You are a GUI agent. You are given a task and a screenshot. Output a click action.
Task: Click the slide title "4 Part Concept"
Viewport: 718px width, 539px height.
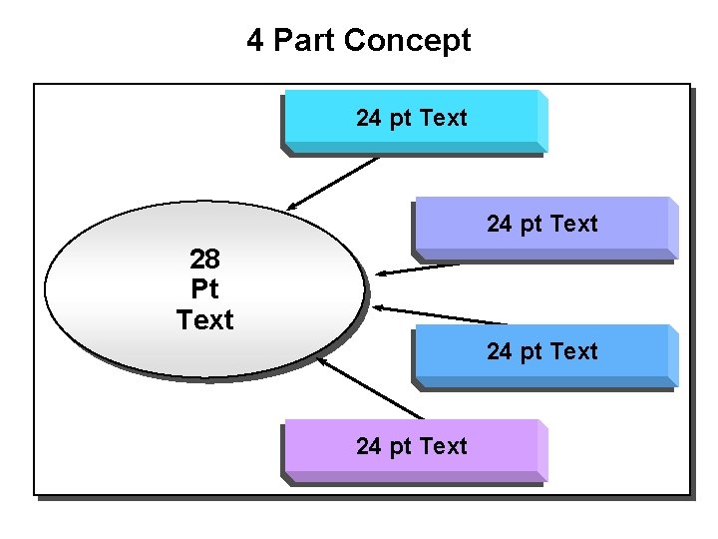coord(359,41)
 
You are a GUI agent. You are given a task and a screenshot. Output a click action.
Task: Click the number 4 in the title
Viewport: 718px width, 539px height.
coord(255,41)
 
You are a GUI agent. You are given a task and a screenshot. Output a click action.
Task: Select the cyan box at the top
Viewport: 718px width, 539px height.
coord(411,120)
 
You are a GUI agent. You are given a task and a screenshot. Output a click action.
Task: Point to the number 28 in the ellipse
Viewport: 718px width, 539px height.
coord(204,261)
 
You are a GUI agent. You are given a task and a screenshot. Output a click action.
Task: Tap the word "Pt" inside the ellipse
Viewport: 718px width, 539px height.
coord(204,290)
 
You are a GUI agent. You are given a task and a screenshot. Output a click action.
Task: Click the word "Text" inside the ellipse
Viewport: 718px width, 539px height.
coord(204,320)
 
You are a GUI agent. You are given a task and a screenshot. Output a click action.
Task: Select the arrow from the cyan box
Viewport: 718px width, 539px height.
coord(334,183)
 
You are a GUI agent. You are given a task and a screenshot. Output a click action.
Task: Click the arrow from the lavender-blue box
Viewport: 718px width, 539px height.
coord(419,269)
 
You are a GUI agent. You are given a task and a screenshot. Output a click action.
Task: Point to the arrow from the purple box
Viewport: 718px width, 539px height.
coord(371,387)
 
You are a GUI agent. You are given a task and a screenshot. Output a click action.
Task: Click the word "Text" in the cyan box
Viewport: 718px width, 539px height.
coord(443,119)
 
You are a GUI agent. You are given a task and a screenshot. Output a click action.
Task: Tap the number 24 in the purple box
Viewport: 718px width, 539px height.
coord(368,446)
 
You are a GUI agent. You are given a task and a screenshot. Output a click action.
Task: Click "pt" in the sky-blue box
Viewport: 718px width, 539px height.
coord(530,352)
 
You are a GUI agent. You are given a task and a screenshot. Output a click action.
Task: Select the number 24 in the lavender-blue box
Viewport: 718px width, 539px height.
coord(499,225)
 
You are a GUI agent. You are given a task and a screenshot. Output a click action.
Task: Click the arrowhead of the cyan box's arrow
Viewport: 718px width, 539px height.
coord(291,207)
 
